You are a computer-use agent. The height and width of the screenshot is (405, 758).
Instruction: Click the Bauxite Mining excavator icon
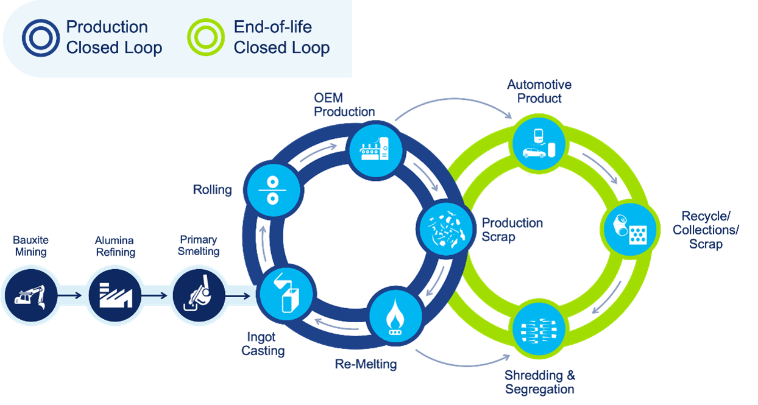point(30,297)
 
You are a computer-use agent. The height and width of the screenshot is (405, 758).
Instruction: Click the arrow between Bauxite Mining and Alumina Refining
point(73,297)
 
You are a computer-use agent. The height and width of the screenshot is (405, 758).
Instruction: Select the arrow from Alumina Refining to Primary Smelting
point(157,297)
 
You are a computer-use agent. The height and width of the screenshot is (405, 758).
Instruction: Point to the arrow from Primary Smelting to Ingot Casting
point(242,297)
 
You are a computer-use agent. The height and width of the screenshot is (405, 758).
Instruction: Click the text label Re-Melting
point(366,364)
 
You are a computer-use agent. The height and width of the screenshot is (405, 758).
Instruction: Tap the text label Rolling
point(212,189)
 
